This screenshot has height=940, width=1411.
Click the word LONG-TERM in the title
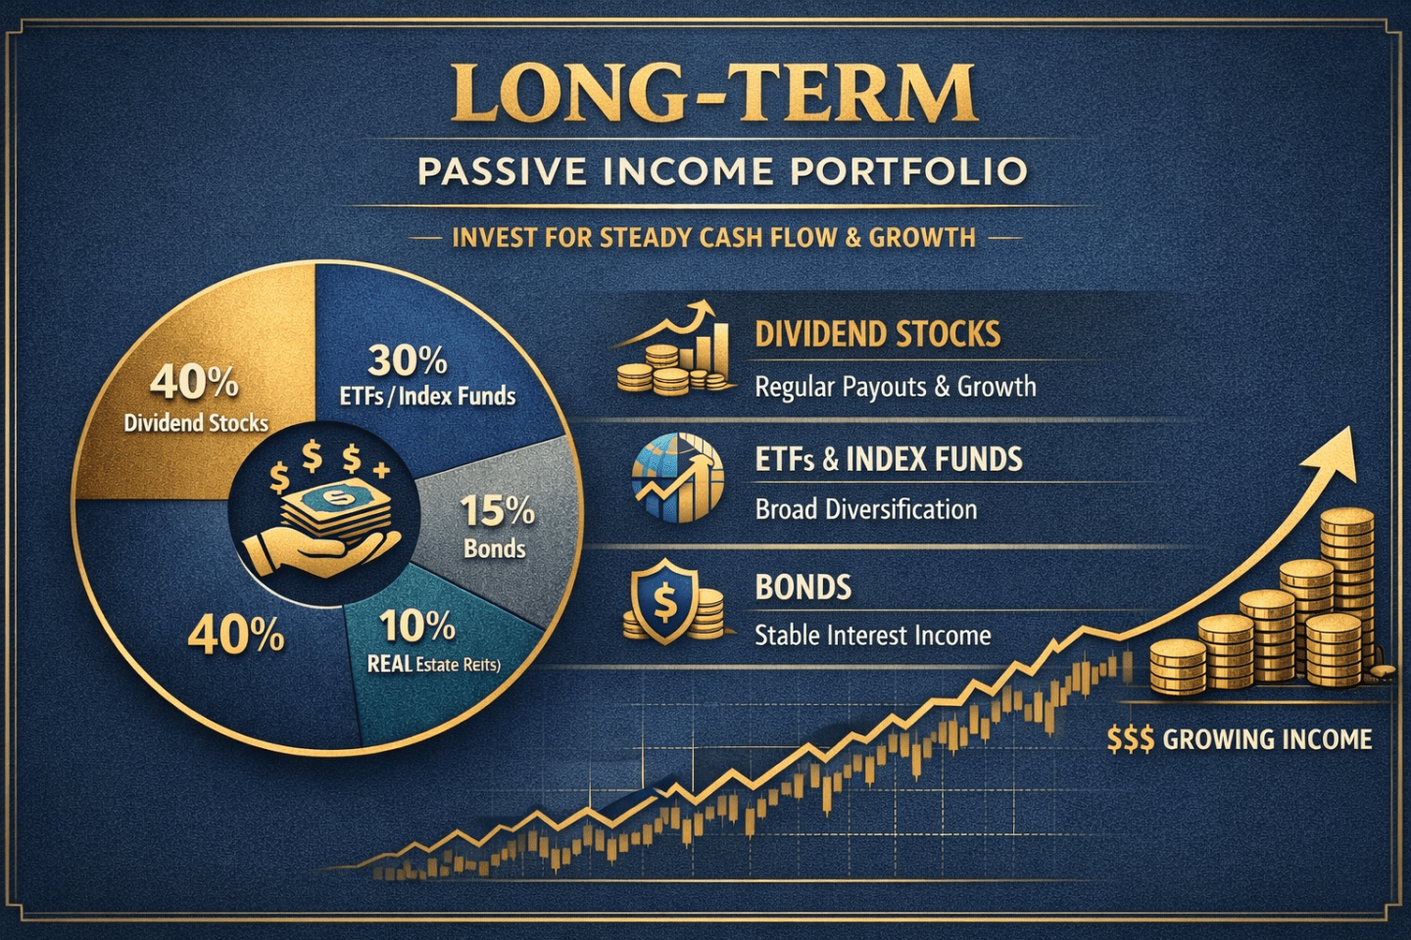714,95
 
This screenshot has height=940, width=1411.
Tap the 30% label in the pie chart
408,361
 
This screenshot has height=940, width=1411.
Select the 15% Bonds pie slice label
497,526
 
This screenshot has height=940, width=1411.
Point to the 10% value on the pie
417,627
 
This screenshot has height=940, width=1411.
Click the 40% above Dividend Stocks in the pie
194,382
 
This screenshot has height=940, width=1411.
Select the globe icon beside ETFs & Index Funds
677,477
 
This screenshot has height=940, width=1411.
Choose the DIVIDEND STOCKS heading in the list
877,335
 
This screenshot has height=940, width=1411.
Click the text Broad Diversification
865,509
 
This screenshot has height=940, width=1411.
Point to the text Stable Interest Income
872,635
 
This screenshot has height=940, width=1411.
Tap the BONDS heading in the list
803,587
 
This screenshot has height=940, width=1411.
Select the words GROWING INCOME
1267,739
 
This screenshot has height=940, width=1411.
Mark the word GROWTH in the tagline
922,238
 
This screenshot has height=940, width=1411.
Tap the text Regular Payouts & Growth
895,387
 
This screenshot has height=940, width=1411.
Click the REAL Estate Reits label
433,664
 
